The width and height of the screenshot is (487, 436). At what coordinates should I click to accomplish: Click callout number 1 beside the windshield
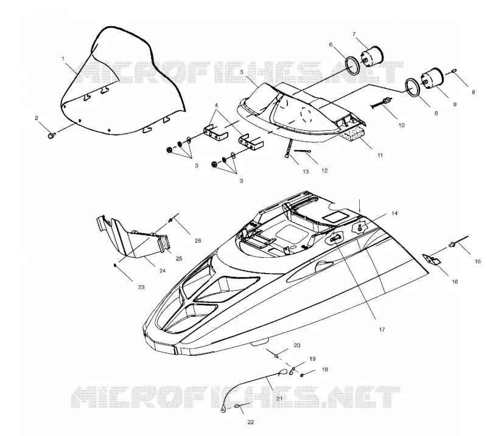[x=63, y=58]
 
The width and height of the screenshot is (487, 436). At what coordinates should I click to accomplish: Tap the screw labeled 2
[x=52, y=135]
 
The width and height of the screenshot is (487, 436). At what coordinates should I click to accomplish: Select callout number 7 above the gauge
[x=354, y=34]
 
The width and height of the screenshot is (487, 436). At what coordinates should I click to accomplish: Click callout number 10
[x=401, y=125]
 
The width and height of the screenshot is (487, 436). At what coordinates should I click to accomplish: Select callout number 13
[x=306, y=171]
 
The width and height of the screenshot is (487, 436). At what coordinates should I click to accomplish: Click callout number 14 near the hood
[x=394, y=213]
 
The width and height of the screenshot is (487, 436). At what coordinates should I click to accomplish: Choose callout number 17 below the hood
[x=382, y=329]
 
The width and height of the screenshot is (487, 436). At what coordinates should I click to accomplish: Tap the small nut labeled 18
[x=302, y=375]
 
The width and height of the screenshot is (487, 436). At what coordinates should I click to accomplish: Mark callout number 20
[x=297, y=345]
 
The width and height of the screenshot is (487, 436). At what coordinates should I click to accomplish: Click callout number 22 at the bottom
[x=250, y=422]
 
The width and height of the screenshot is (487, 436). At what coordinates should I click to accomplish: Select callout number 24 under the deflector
[x=163, y=271]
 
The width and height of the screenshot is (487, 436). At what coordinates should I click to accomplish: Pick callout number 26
[x=197, y=240]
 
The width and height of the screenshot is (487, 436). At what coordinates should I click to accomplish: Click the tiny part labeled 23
[x=115, y=265]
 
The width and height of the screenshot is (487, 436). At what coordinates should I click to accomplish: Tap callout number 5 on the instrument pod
[x=242, y=72]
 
